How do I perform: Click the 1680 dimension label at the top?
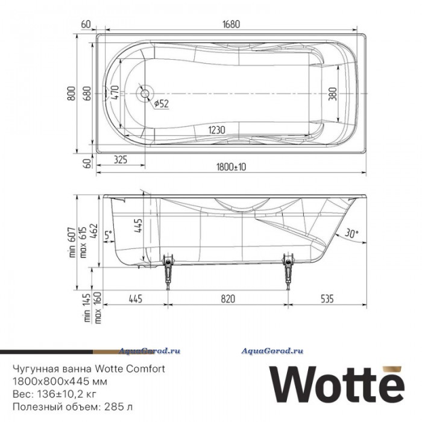(x=231, y=24)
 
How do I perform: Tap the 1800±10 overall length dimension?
(x=231, y=167)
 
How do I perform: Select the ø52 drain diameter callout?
(x=162, y=103)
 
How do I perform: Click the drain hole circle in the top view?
(x=145, y=93)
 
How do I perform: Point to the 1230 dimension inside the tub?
(x=216, y=130)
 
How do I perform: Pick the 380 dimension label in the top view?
(x=333, y=93)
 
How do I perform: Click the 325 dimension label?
(x=121, y=160)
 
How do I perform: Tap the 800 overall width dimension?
(x=71, y=93)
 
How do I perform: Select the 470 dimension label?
(x=115, y=92)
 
